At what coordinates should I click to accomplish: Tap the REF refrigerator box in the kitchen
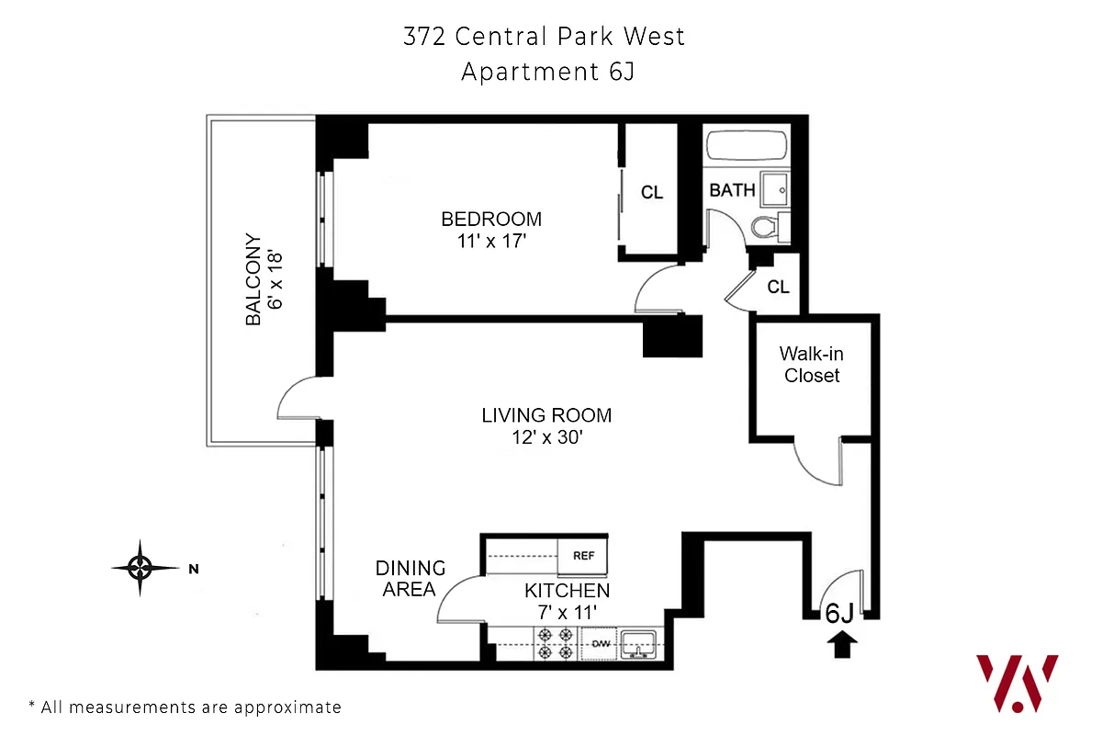(x=583, y=556)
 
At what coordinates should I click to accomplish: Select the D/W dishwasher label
(x=600, y=643)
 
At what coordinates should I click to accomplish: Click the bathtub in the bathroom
(x=747, y=146)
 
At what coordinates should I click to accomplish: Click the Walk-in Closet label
(x=810, y=364)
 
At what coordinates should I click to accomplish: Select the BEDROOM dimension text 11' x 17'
(x=491, y=242)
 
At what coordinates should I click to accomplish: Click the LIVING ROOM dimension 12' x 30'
(x=546, y=438)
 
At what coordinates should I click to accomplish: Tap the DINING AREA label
(x=410, y=579)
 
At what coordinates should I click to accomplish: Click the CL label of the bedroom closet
(x=652, y=193)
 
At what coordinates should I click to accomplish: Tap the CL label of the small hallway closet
(x=778, y=287)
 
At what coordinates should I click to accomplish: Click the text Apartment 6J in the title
(x=547, y=72)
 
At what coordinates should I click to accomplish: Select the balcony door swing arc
(x=296, y=397)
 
